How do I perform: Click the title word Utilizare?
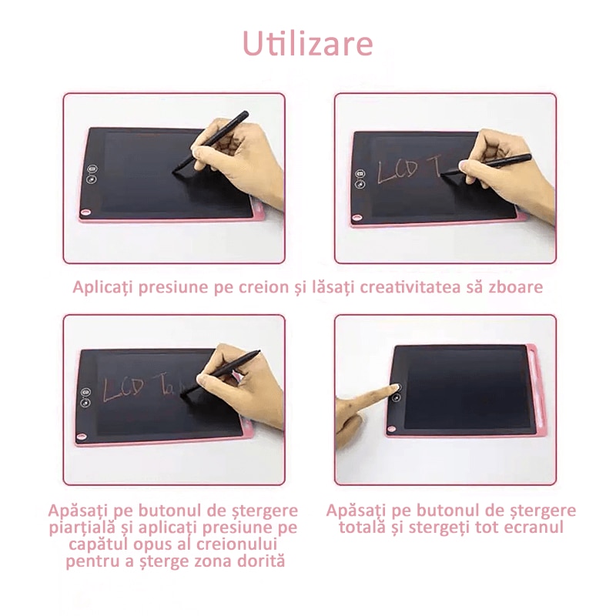[308, 43]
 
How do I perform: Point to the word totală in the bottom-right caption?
[363, 527]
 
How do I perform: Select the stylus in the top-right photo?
[493, 163]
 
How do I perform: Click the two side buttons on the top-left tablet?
[91, 175]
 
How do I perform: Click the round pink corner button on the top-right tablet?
[357, 218]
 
